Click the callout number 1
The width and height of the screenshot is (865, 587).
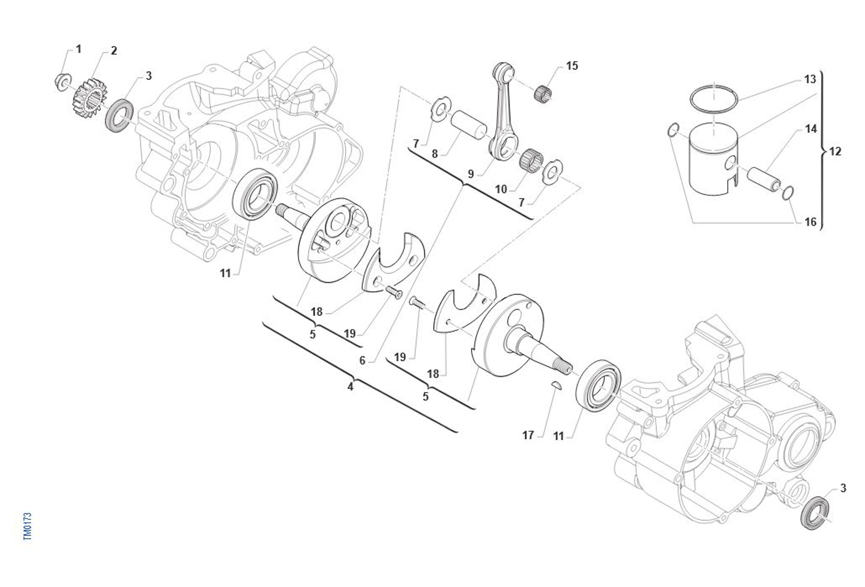click(x=78, y=49)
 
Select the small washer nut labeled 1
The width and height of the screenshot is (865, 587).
click(x=62, y=81)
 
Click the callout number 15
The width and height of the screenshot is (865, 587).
click(x=572, y=66)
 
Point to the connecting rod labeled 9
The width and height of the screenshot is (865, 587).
click(x=506, y=112)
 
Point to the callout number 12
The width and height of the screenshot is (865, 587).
click(x=835, y=151)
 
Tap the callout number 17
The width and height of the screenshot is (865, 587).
click(x=528, y=435)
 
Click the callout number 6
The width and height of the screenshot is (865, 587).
click(x=362, y=360)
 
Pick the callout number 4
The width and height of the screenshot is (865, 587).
click(x=350, y=386)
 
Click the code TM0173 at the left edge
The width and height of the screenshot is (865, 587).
click(x=28, y=526)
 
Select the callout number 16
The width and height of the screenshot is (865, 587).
click(x=811, y=222)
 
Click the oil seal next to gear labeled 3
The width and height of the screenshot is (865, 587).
click(x=119, y=116)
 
